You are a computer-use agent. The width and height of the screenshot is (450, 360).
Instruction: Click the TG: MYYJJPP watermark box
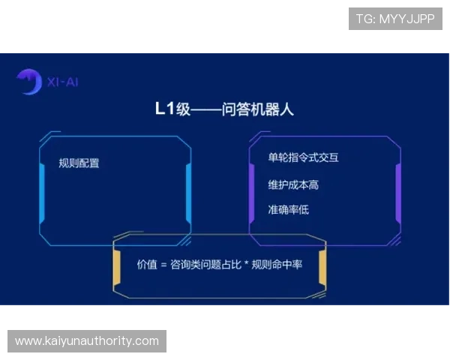tap(395, 19)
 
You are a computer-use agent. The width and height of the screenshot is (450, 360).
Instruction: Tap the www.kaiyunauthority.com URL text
tap(87, 341)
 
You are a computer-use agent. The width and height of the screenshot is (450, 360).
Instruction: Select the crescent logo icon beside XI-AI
tap(28, 81)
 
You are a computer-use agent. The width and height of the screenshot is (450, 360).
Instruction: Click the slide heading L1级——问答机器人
tap(224, 109)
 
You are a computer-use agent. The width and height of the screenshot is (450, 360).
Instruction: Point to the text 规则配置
tap(79, 163)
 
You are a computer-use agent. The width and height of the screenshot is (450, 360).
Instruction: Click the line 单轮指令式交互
tap(298, 157)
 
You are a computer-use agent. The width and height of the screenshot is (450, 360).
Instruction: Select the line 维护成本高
tap(288, 184)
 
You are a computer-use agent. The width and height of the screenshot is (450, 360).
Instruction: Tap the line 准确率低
tap(288, 209)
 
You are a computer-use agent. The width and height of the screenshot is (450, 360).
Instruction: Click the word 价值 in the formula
tap(146, 265)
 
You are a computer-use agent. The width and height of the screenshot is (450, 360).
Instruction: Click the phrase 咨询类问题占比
tap(204, 265)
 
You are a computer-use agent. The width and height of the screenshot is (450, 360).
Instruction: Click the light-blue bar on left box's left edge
tap(41, 190)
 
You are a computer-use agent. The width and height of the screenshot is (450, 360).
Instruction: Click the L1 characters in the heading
tap(164, 109)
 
